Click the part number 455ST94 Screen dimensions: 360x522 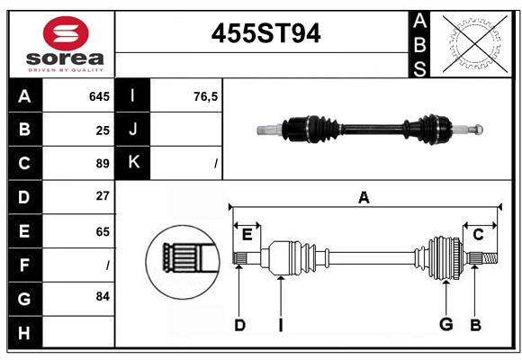265,34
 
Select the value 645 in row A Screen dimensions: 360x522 99,96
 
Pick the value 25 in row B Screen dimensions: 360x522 103,130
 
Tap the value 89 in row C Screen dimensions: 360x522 103,163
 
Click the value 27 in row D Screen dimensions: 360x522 103,196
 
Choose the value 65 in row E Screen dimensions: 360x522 103,231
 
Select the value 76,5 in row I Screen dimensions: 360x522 206,96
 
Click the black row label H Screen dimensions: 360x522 24,332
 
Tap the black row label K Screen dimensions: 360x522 133,163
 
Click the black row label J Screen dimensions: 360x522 133,130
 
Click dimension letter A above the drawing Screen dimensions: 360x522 364,197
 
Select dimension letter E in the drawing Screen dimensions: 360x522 247,235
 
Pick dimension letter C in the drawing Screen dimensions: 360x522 479,235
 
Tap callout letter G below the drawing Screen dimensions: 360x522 445,324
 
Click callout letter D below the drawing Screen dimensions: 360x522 239,324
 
